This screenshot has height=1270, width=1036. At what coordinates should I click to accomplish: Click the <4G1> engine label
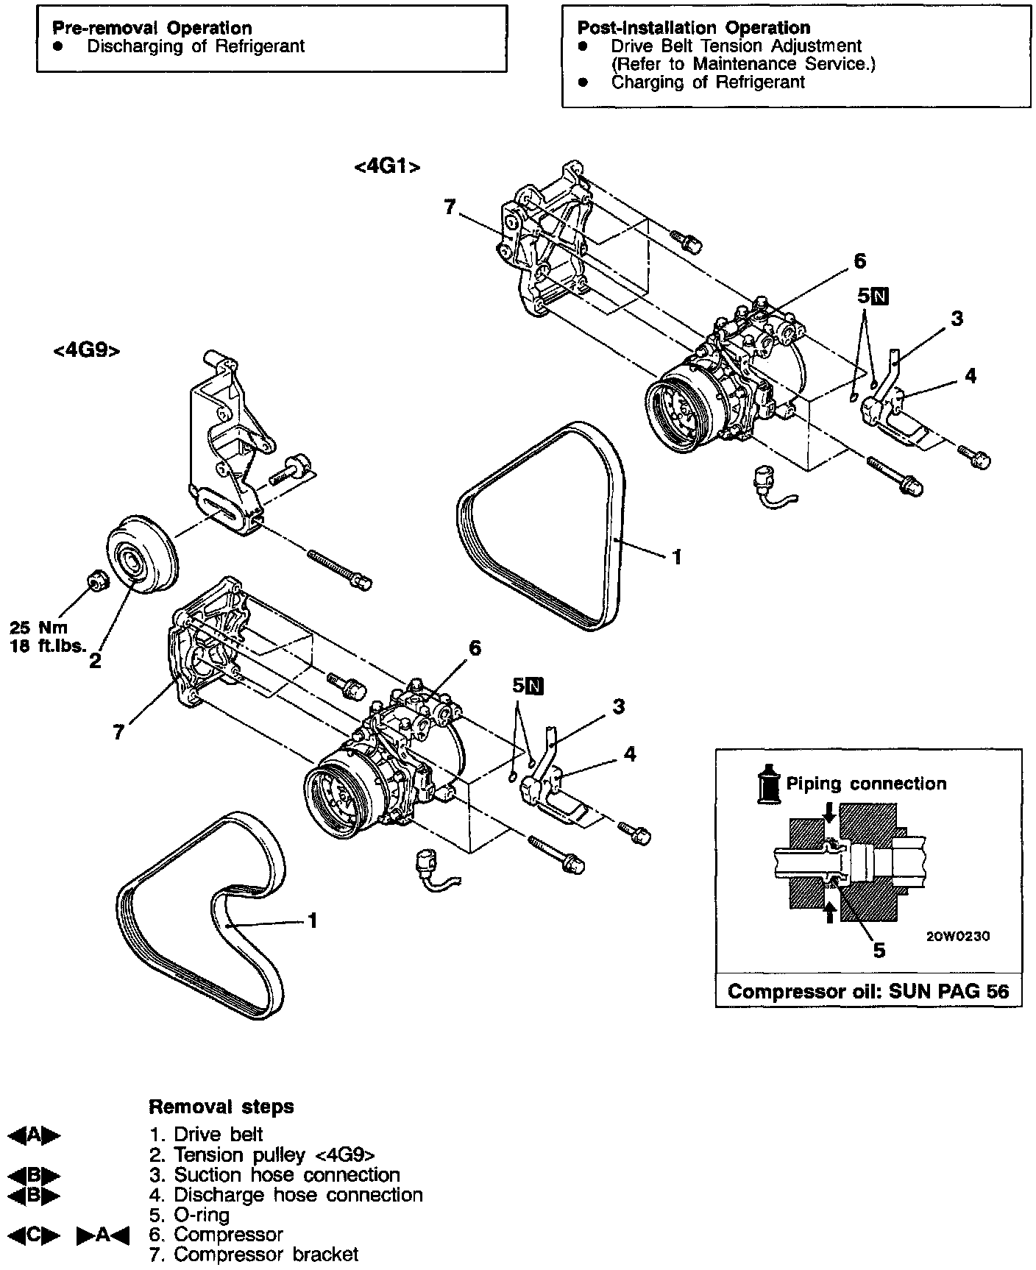coord(387,168)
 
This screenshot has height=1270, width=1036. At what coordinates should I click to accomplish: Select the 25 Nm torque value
coord(38,628)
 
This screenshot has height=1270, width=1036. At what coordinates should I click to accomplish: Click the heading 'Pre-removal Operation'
coord(152,29)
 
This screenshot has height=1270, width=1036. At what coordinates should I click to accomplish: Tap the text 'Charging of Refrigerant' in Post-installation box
coord(708,82)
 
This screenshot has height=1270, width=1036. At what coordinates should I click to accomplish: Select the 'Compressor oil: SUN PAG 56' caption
coord(868,991)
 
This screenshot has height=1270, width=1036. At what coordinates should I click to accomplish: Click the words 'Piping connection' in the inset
coord(866,784)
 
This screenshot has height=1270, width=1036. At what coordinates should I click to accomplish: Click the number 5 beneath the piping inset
coord(879,951)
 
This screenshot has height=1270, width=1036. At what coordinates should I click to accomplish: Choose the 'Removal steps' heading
coord(221,1107)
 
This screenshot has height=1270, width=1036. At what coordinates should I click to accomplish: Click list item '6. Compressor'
coord(216,1234)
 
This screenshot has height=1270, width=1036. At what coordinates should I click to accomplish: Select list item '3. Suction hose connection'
coord(274,1175)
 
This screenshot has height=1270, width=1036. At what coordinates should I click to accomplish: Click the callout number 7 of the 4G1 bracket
coord(450,207)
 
